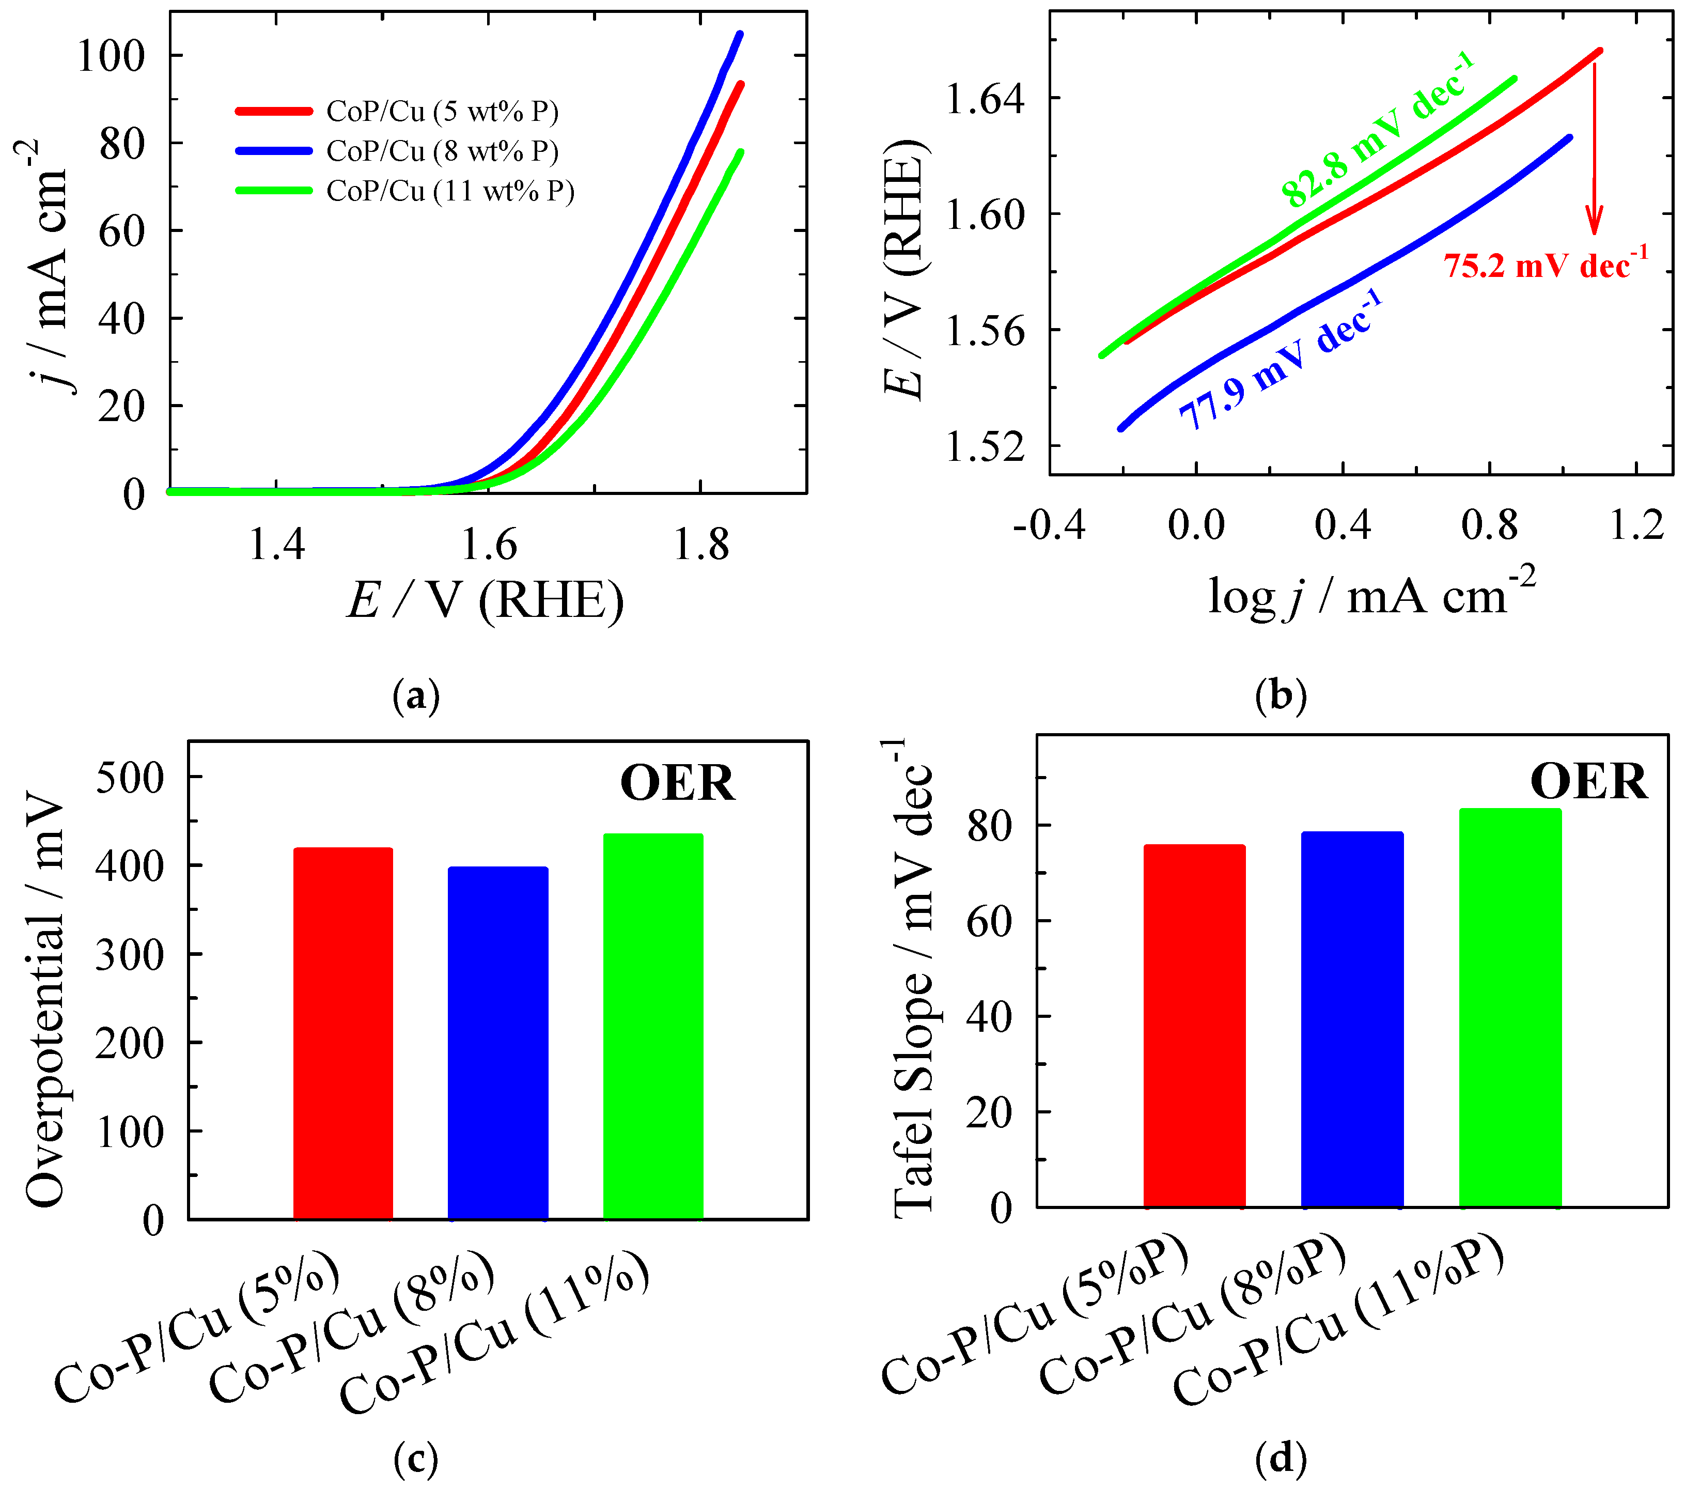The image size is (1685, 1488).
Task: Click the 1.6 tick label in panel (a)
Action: [489, 545]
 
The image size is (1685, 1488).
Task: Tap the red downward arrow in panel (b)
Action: [1594, 148]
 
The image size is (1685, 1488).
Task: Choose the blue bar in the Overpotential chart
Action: [498, 1042]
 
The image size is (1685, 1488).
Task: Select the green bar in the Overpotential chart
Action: [653, 1026]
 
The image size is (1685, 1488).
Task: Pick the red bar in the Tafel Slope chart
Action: [1194, 1026]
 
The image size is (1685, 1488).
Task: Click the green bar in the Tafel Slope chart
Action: [1510, 1008]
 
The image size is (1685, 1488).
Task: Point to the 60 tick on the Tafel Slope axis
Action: [989, 921]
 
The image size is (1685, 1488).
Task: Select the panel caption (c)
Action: [416, 1459]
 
